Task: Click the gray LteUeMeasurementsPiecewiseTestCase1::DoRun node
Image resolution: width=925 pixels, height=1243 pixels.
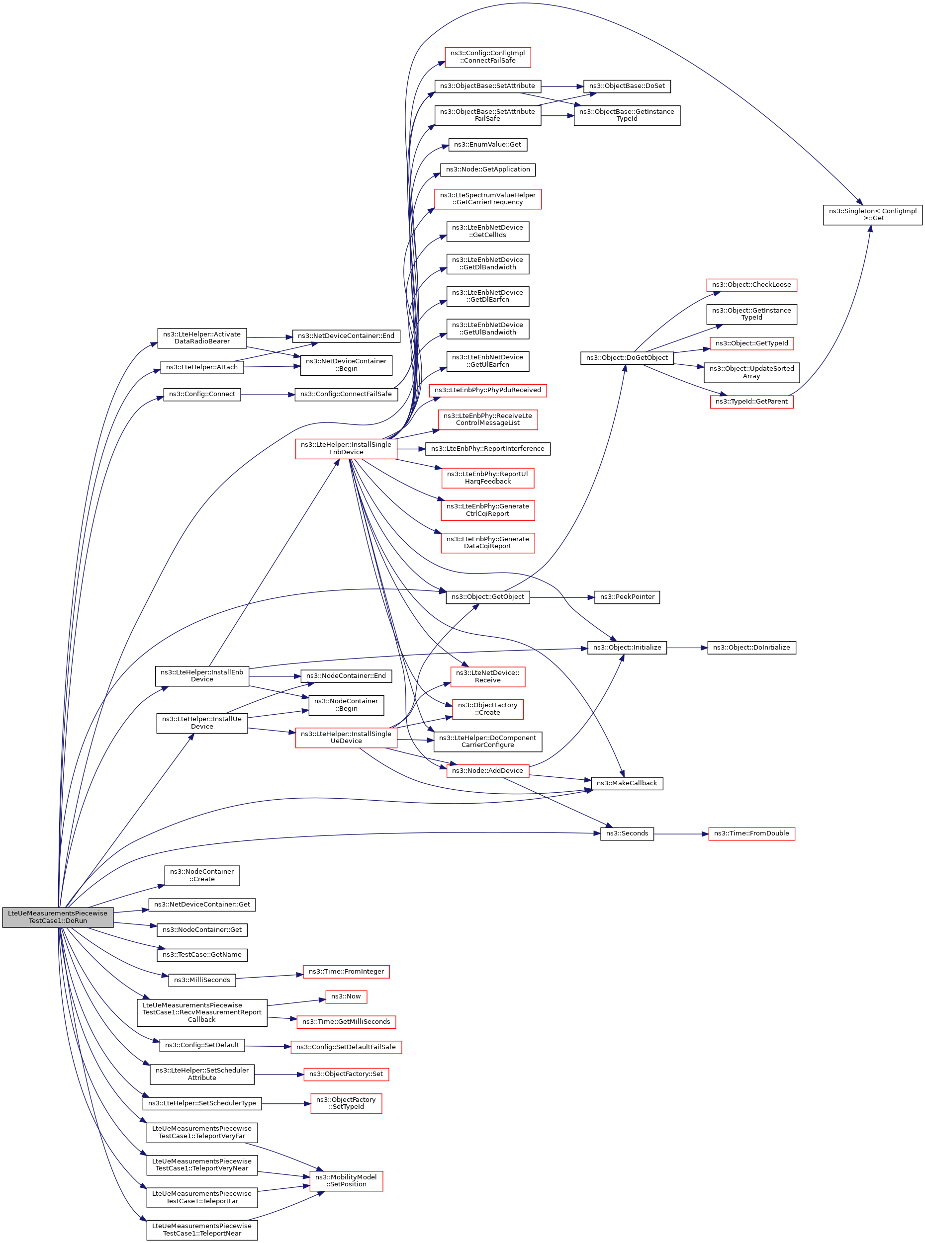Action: pos(58,917)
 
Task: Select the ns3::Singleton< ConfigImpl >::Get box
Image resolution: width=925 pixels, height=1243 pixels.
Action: pos(872,215)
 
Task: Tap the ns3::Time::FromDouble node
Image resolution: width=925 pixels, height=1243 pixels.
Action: pos(751,833)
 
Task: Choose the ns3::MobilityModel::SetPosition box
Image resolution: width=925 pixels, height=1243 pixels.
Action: pos(346,1180)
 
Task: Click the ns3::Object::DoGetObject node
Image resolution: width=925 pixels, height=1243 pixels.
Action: pos(627,358)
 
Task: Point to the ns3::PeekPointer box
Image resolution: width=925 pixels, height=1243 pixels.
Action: pos(627,597)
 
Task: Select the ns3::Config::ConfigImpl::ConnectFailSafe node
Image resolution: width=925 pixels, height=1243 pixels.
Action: pos(488,57)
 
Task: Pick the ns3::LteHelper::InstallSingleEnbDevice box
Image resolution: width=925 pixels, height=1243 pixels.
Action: pos(346,449)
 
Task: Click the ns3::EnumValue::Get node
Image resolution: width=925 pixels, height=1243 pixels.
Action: pos(488,145)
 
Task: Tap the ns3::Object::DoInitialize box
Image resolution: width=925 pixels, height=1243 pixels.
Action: pos(751,648)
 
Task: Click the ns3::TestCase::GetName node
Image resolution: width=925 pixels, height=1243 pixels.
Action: pos(202,955)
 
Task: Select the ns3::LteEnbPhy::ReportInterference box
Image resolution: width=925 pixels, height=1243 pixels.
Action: pos(488,449)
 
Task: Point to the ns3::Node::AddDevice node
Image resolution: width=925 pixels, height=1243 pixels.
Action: pos(488,771)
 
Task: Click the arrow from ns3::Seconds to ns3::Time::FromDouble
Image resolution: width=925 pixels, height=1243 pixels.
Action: pos(681,834)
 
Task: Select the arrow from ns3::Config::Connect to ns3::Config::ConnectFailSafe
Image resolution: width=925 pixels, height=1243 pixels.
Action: pos(268,395)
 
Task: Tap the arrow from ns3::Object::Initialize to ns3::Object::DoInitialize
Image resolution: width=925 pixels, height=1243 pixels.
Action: pos(687,648)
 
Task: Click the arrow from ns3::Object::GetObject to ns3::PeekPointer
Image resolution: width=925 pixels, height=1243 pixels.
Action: pos(562,597)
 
